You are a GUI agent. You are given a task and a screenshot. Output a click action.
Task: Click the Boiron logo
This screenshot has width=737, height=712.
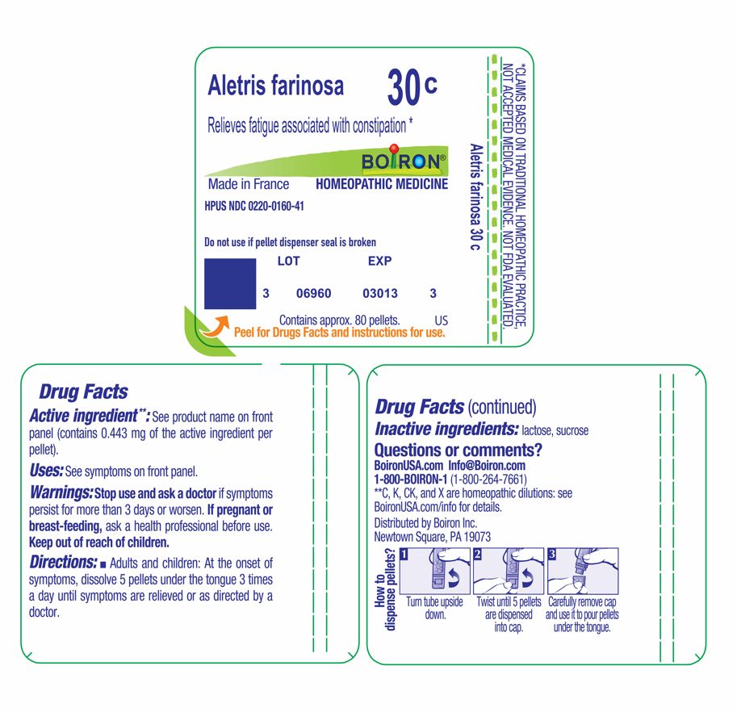pos(402,161)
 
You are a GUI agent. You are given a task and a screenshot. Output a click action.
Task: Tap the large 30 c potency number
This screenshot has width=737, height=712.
pos(411,88)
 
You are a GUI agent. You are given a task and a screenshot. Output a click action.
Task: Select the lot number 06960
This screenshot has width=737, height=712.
pos(314,294)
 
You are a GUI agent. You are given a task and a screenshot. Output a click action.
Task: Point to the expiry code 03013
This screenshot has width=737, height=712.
pos(380,294)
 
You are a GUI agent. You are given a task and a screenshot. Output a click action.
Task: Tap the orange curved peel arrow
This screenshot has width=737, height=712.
pos(214,325)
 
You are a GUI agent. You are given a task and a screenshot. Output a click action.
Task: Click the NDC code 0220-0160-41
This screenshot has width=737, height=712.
pos(254,207)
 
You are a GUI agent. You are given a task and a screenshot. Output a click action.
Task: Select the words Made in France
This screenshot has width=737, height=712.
pos(249,184)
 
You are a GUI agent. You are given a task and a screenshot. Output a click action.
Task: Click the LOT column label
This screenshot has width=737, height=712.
pos(288,262)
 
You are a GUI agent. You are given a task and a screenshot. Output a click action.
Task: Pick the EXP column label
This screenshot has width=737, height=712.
pos(379,262)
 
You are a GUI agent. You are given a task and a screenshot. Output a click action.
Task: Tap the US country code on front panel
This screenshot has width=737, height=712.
pos(441,320)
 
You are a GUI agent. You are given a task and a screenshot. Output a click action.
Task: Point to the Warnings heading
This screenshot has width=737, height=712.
pos(61,492)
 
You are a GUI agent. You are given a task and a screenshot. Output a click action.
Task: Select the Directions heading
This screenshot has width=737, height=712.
pos(63,562)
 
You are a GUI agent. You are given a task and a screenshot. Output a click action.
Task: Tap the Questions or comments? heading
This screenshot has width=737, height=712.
pos(459,450)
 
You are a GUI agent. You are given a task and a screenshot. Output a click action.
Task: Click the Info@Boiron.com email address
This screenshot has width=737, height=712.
pos(487,466)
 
